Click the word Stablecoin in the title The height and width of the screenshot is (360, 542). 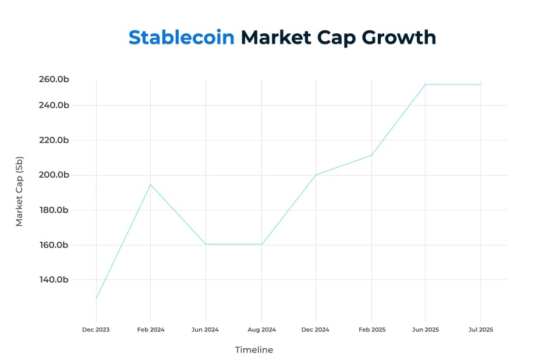click(x=181, y=37)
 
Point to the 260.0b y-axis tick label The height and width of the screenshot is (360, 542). click(x=54, y=79)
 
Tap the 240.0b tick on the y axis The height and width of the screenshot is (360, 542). click(x=54, y=105)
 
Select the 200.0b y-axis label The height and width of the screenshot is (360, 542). click(x=54, y=175)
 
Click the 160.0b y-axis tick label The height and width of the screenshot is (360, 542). click(x=54, y=245)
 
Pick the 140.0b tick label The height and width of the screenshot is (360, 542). click(x=54, y=280)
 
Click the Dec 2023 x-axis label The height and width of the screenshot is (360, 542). click(x=95, y=330)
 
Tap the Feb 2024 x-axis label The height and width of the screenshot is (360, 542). click(x=151, y=330)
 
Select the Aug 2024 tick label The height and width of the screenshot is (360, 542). click(x=261, y=330)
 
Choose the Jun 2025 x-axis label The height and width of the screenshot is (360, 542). click(x=425, y=330)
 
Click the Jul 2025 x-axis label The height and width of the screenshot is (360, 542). click(x=480, y=330)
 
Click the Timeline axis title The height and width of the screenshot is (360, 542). click(x=254, y=350)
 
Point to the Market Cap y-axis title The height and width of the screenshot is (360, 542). click(x=19, y=192)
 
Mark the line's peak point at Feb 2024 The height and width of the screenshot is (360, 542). click(x=151, y=185)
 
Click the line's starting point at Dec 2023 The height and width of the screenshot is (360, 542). click(x=96, y=298)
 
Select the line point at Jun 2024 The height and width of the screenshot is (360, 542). click(x=206, y=244)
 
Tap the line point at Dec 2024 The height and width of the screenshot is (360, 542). click(x=316, y=175)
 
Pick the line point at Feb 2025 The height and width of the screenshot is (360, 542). click(x=371, y=155)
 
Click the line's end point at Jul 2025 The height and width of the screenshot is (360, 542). click(x=480, y=84)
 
